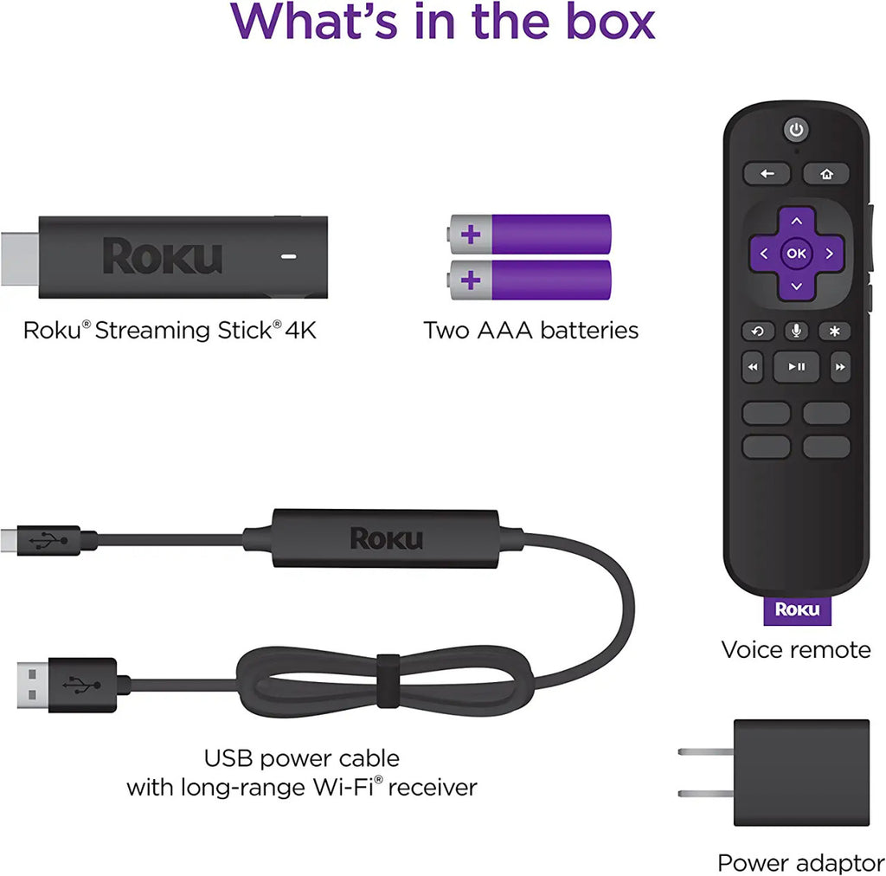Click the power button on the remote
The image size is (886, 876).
tap(796, 130)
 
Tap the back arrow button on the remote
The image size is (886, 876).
tap(767, 173)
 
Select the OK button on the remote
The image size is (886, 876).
tap(796, 254)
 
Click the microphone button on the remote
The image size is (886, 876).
tap(796, 332)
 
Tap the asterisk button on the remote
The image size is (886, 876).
tap(835, 332)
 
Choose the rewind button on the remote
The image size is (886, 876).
tap(753, 367)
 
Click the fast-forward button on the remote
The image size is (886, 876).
tap(840, 367)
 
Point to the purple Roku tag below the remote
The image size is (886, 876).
tap(797, 610)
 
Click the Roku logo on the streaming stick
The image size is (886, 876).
tap(162, 256)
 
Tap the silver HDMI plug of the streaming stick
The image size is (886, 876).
tap(20, 259)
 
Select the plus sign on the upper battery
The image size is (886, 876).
tap(471, 234)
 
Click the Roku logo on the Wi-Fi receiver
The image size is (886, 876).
tap(386, 538)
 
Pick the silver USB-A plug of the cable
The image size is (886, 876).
tap(33, 685)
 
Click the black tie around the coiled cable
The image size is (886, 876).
tap(388, 680)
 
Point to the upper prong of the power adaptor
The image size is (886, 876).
tap(706, 752)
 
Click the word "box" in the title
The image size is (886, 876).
tap(610, 22)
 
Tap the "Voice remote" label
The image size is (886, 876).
tap(796, 650)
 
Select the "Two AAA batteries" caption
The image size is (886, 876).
tap(531, 331)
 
